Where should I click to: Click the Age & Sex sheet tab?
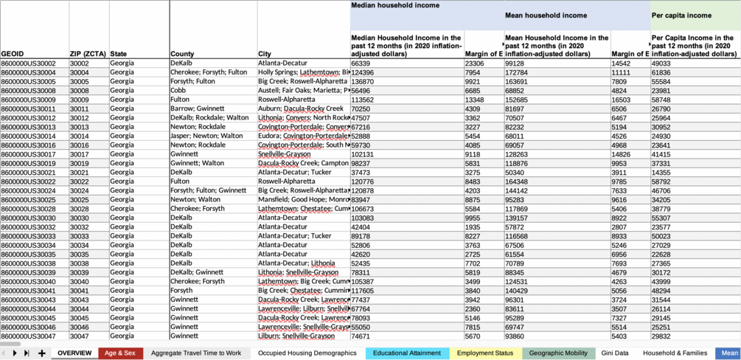119,353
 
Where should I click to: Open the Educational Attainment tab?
406,353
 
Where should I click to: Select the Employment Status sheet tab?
485,353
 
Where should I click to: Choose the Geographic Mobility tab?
558,353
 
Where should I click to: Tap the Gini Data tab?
615,353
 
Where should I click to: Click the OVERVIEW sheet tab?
74,353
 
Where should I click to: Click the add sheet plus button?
42,353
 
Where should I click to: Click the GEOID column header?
13,54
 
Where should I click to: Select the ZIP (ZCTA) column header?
88,54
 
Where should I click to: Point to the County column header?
182,54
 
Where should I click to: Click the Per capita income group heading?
681,15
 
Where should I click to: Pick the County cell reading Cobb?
178,91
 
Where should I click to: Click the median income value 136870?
362,82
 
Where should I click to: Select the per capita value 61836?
661,72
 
